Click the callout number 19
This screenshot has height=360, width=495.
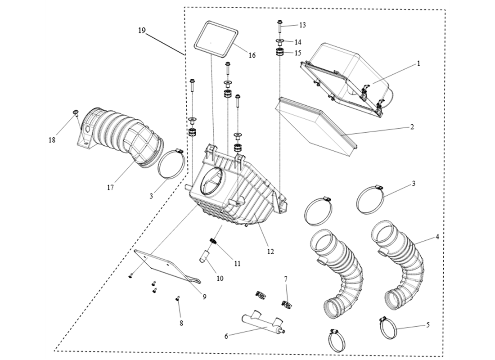coord(142,31)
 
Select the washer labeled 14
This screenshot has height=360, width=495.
coord(280,42)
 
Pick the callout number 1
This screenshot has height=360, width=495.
coord(418,63)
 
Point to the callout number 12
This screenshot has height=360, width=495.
coord(270,252)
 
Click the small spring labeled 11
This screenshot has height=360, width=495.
coord(214,243)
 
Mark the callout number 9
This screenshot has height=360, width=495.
coord(204,297)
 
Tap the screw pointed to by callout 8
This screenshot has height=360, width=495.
coord(177,297)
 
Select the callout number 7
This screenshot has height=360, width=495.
coord(285,279)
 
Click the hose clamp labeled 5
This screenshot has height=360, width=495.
coord(388,326)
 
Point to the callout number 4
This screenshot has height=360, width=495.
coord(437,236)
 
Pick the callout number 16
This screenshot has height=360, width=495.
coord(252,55)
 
